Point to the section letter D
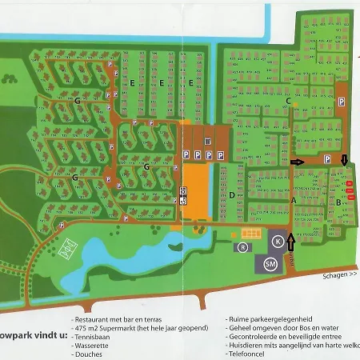tap(231, 194)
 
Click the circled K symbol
tap(277, 241)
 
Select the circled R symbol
tap(241, 247)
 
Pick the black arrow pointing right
tap(298, 161)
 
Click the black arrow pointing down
tap(344, 160)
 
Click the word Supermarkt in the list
tap(135, 328)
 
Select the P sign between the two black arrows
tap(326, 160)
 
